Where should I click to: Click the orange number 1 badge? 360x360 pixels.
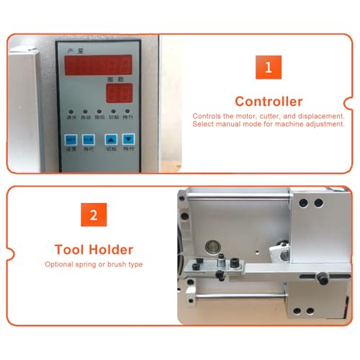269,68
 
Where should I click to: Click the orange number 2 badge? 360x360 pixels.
94,215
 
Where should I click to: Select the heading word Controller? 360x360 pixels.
269,102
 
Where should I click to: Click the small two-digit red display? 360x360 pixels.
120,93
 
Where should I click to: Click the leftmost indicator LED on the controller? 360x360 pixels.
70,113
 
